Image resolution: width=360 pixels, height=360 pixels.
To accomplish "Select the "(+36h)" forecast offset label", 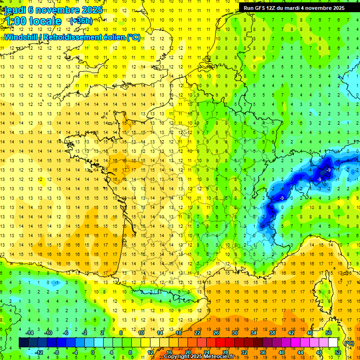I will pyautogui.click(x=81, y=21).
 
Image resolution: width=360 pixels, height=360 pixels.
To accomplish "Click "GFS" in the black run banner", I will pyautogui.click(x=262, y=8).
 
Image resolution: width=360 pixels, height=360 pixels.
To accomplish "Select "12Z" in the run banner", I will pyautogui.click(x=275, y=8).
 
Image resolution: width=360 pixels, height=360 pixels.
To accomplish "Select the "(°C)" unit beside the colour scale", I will pyautogui.click(x=348, y=343).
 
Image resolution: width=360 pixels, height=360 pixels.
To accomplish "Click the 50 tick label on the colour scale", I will pyautogui.click(x=328, y=332).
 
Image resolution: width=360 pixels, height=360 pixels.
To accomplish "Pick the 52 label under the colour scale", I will pyautogui.click(x=337, y=352).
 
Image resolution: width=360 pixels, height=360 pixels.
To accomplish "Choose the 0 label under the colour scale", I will pyautogui.click(x=93, y=352).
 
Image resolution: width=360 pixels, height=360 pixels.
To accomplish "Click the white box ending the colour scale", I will pyautogui.click(x=333, y=343).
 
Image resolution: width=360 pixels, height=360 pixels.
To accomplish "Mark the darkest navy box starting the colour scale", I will pyautogui.click(x=23, y=343).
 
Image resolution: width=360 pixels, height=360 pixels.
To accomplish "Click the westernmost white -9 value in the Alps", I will pyautogui.click(x=282, y=198).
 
